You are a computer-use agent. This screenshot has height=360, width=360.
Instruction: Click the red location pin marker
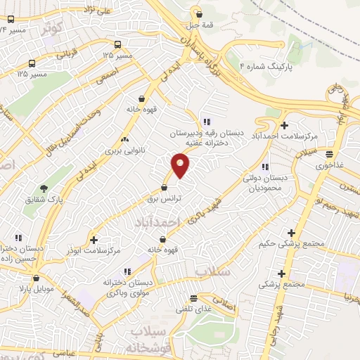181,165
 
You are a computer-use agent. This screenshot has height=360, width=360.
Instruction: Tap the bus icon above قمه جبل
199,13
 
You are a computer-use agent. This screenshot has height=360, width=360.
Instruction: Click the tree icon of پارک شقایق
44,188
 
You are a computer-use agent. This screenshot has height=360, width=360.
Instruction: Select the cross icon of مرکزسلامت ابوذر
94,240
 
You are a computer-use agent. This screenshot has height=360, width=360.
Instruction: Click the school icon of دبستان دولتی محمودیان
264,167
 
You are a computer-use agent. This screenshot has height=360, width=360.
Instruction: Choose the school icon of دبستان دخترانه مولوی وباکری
127,271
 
